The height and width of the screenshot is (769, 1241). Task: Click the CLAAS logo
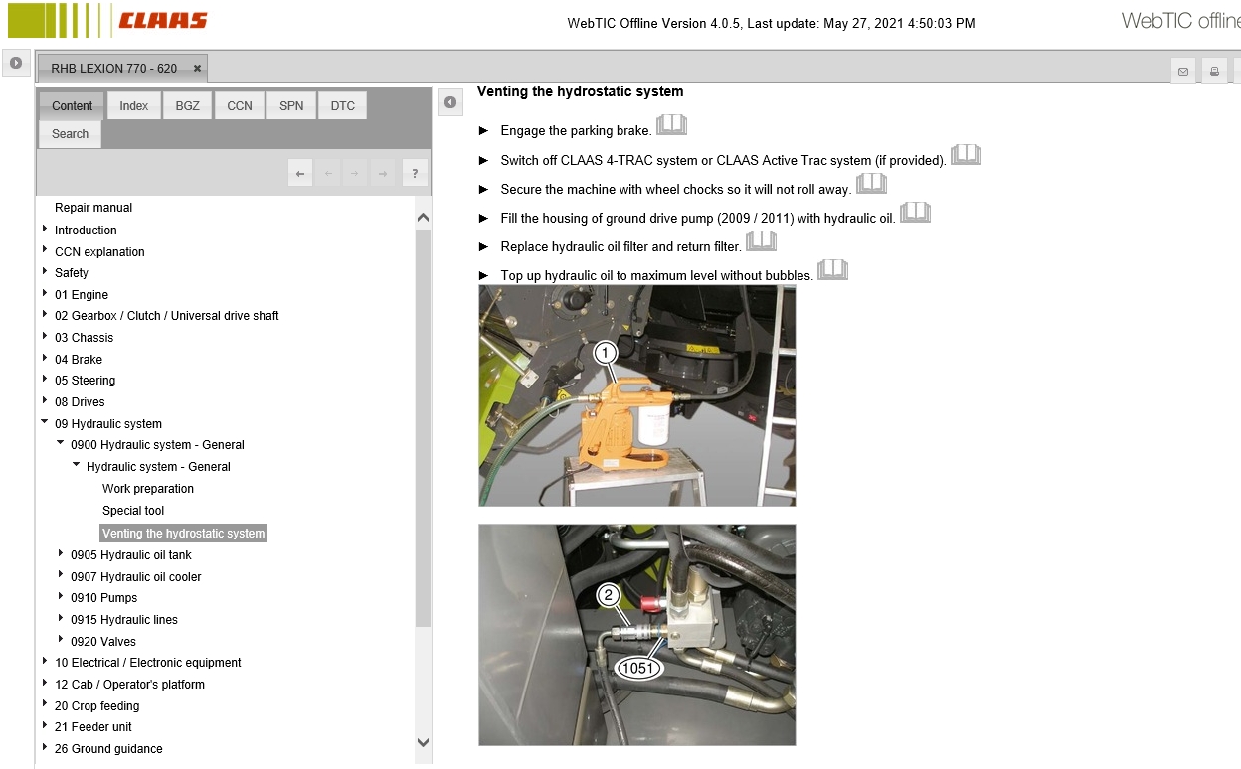(x=163, y=20)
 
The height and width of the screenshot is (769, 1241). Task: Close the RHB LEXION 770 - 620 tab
(x=197, y=69)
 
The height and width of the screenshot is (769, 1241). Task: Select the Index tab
(x=134, y=106)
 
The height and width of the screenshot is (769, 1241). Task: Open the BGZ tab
(x=187, y=106)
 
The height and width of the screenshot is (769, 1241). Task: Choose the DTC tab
(x=342, y=106)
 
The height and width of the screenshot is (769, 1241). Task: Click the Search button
(x=70, y=134)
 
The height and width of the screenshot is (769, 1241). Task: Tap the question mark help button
(x=415, y=174)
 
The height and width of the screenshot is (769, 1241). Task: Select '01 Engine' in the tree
(x=82, y=295)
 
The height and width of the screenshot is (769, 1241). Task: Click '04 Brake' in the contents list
(x=79, y=360)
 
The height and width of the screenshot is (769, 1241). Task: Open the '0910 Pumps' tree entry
(x=103, y=598)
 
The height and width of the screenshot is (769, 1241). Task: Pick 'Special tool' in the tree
(x=133, y=511)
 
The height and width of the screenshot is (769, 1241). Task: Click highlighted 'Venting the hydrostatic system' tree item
(x=183, y=534)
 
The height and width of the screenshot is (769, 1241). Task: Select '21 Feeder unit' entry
(x=93, y=727)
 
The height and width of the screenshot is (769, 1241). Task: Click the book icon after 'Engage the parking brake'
(x=671, y=126)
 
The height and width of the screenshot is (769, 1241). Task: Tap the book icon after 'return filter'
(x=761, y=241)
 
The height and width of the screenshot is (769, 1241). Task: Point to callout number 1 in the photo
(x=606, y=352)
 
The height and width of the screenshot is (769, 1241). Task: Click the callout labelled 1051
(x=636, y=668)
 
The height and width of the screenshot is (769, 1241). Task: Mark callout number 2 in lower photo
(x=609, y=596)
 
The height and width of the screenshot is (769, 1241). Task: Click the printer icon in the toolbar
(x=1213, y=71)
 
